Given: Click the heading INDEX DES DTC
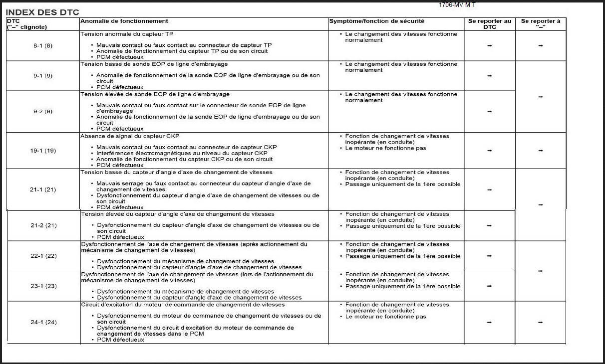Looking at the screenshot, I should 42,12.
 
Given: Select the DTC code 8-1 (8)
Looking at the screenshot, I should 43,46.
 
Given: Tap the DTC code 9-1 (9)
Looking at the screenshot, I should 43,76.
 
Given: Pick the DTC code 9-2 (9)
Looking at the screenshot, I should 43,112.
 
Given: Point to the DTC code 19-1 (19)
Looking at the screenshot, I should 43,151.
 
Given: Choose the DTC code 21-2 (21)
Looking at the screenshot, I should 43,225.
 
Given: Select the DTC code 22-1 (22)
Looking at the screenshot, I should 43,256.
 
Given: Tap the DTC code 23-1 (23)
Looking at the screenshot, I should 43,286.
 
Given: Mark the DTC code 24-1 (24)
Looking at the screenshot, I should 43,322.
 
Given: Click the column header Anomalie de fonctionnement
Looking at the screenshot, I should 124,21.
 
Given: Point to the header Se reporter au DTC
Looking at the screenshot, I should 490,24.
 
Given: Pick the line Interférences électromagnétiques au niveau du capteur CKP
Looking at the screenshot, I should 182,153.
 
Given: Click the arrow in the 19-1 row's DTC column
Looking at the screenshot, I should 490,151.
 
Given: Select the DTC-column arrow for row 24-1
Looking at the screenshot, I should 490,323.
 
